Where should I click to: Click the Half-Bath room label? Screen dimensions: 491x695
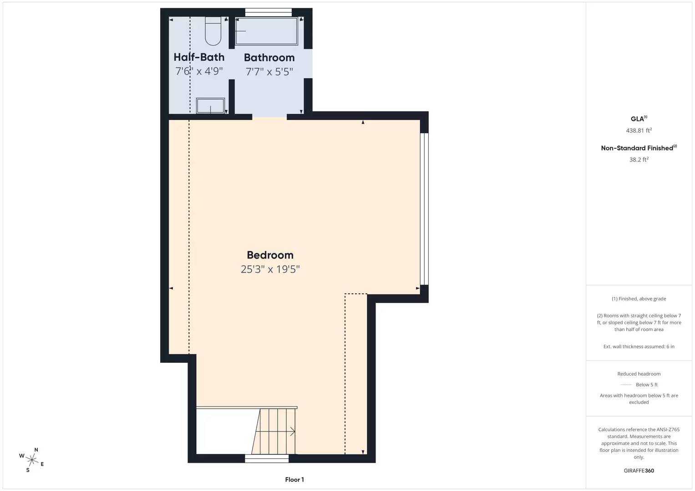pyautogui.click(x=199, y=57)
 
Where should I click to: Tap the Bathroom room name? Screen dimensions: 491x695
pyautogui.click(x=269, y=58)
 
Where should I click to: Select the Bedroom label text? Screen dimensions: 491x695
pyautogui.click(x=270, y=255)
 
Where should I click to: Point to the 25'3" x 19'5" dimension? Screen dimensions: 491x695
pyautogui.click(x=270, y=269)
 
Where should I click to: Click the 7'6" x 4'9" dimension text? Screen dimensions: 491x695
pyautogui.click(x=199, y=71)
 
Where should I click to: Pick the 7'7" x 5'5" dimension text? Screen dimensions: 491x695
pyautogui.click(x=269, y=72)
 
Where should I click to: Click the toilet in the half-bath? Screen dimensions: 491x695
pyautogui.click(x=213, y=31)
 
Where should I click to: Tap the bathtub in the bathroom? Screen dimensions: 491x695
pyautogui.click(x=266, y=31)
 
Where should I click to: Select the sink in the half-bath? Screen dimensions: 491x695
pyautogui.click(x=210, y=105)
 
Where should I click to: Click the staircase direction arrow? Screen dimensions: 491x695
pyautogui.click(x=292, y=431)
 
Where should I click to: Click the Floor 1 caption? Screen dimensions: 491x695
pyautogui.click(x=294, y=480)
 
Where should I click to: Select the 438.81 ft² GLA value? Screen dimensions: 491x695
pyautogui.click(x=639, y=130)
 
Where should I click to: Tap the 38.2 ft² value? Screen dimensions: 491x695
pyautogui.click(x=639, y=160)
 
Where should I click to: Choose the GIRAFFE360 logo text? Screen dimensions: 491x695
pyautogui.click(x=639, y=471)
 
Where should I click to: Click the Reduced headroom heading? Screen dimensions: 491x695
pyautogui.click(x=639, y=374)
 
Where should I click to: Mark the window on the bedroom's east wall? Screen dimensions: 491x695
pyautogui.click(x=424, y=209)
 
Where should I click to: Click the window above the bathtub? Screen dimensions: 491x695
pyautogui.click(x=269, y=12)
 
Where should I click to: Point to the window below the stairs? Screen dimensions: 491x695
pyautogui.click(x=267, y=458)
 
